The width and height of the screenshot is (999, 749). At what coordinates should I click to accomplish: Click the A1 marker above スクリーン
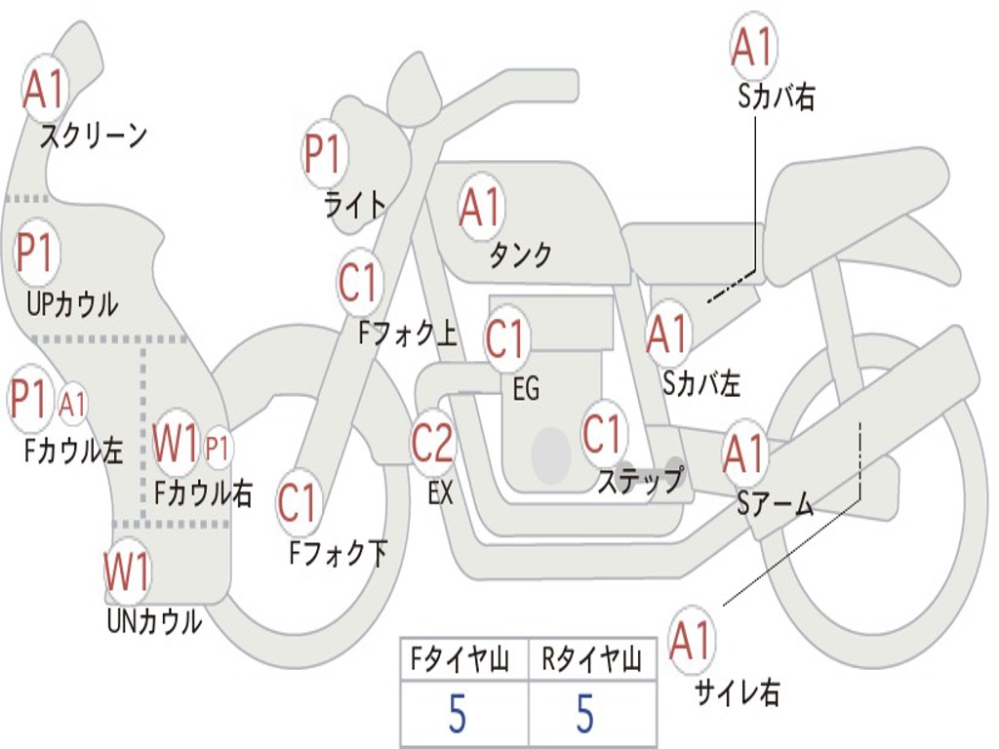[x=45, y=89]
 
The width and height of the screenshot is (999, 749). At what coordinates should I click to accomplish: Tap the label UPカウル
[x=72, y=304]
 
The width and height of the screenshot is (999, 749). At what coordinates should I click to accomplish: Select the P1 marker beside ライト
[x=325, y=153]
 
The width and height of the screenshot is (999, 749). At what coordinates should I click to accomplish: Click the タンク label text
[x=520, y=255]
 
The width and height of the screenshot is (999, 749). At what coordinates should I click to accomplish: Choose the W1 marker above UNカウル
[x=126, y=572]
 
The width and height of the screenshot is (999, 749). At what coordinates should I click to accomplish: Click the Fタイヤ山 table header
[x=460, y=658]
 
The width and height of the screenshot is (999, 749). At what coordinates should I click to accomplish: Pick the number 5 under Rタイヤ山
[x=585, y=713]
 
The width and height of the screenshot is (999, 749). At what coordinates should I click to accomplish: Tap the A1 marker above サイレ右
[x=691, y=640]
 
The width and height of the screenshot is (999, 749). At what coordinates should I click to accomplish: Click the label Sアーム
[x=775, y=505]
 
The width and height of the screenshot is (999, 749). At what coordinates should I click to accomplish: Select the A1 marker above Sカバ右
[x=754, y=46]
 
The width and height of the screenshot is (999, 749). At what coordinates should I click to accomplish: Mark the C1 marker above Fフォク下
[x=299, y=504]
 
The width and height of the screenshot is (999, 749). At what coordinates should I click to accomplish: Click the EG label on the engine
[x=526, y=388]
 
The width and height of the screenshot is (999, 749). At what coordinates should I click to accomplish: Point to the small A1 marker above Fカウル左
[x=72, y=404]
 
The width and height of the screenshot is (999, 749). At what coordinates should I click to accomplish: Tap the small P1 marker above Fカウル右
[x=217, y=448]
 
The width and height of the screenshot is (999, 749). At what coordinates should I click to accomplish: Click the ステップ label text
[x=640, y=480]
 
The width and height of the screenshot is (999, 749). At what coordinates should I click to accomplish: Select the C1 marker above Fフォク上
[x=359, y=283]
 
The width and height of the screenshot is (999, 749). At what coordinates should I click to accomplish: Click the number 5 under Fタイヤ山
[x=458, y=713]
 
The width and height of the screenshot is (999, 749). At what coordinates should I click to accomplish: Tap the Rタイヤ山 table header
[x=592, y=658]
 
